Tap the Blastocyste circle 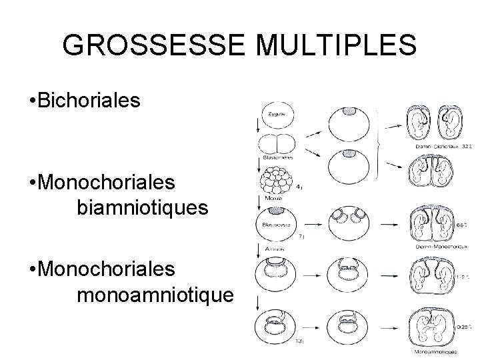click(277, 221)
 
